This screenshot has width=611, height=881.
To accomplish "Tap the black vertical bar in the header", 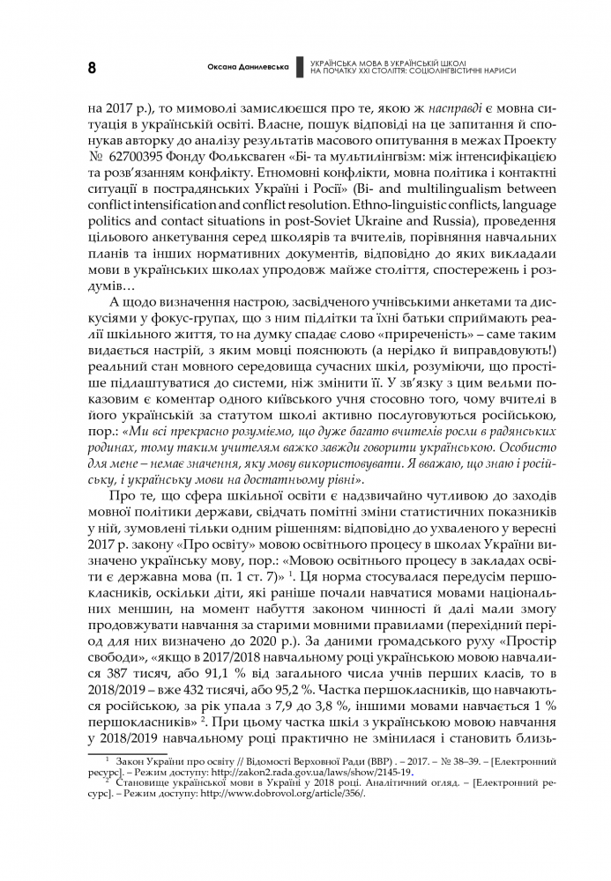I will click(x=300, y=68).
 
